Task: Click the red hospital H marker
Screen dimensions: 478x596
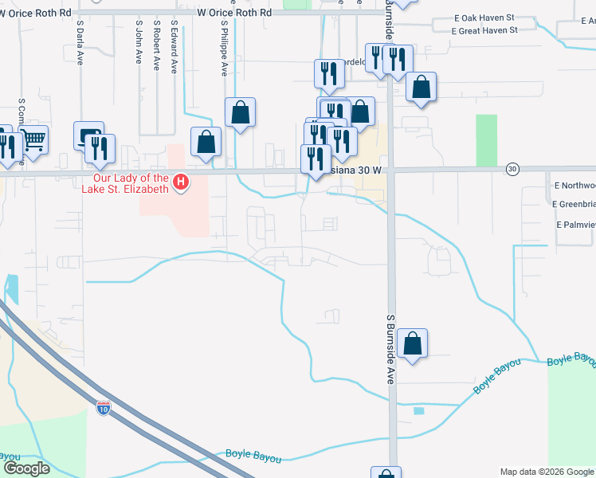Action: pyautogui.click(x=181, y=183)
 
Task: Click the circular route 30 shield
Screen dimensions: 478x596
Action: pyautogui.click(x=512, y=169)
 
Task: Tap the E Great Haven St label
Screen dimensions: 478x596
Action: pyautogui.click(x=484, y=30)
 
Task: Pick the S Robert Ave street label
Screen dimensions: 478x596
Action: pyautogui.click(x=157, y=48)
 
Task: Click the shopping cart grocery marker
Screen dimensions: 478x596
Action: pyautogui.click(x=33, y=141)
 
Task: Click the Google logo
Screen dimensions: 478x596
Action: pyautogui.click(x=25, y=468)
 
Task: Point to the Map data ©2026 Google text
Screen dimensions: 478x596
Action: pyautogui.click(x=547, y=472)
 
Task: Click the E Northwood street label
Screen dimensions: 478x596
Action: pyautogui.click(x=574, y=185)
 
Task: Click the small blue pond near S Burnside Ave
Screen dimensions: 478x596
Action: pyautogui.click(x=419, y=411)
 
